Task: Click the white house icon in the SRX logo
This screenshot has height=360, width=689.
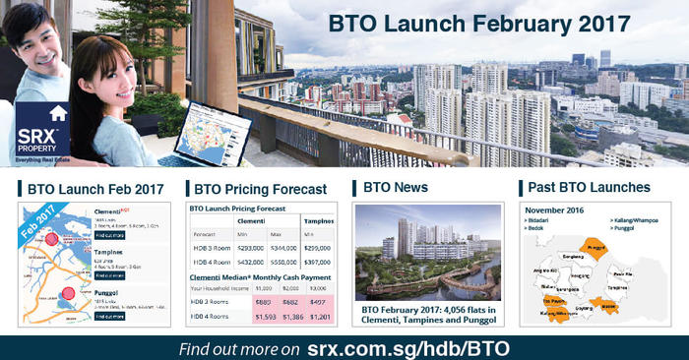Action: [57, 113]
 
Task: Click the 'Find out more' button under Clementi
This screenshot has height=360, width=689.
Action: [109, 235]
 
